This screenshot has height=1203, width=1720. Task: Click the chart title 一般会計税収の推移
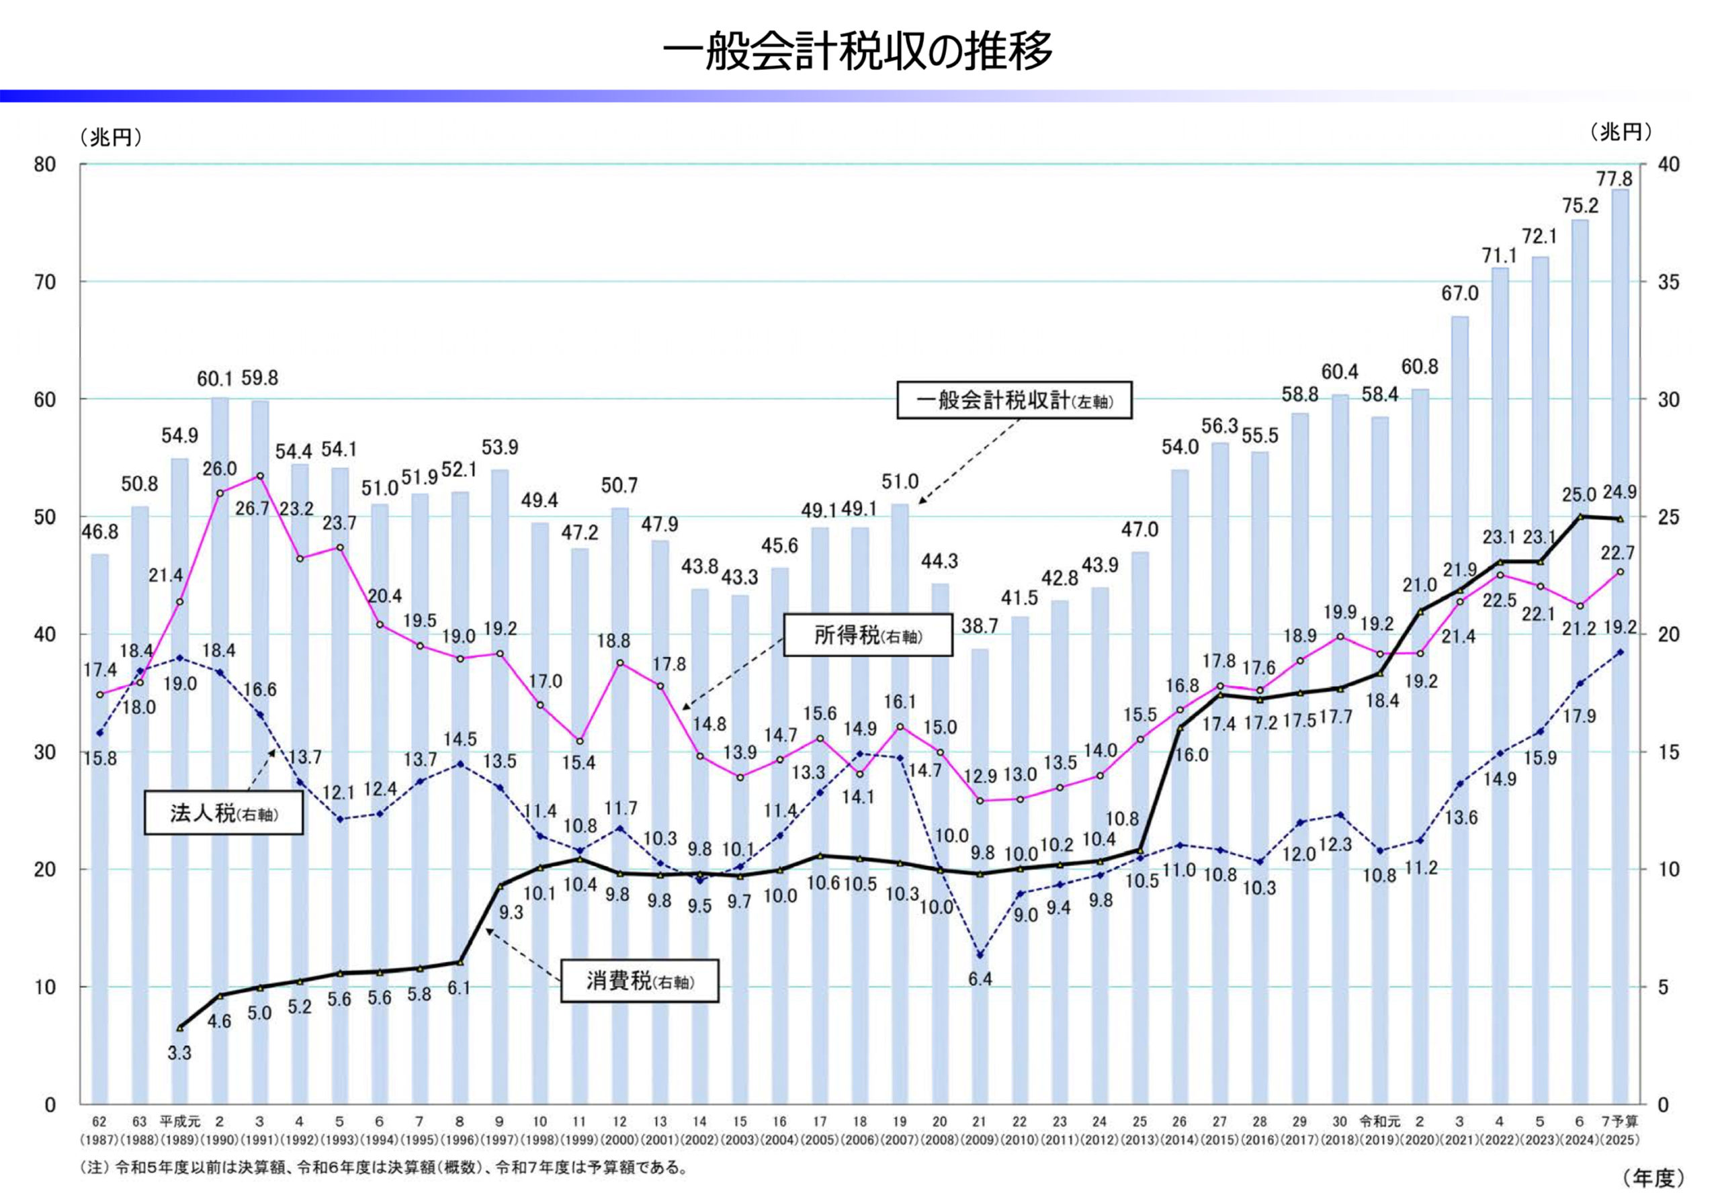858,51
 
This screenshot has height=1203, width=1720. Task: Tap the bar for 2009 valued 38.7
980,877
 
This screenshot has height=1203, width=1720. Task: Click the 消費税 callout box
640,981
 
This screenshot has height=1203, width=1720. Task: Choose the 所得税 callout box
867,636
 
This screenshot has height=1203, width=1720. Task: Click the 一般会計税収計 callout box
1015,401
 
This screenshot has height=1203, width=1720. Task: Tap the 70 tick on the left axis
45,282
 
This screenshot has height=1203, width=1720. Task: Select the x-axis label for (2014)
1179,1140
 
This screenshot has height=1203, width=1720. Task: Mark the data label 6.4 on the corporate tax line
980,979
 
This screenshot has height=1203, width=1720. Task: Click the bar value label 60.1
216,379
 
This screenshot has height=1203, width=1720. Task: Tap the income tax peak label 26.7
253,509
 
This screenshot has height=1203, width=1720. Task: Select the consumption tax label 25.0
1579,494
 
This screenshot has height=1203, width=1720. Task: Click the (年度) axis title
1653,1178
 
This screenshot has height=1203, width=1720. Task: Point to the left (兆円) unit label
111,138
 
